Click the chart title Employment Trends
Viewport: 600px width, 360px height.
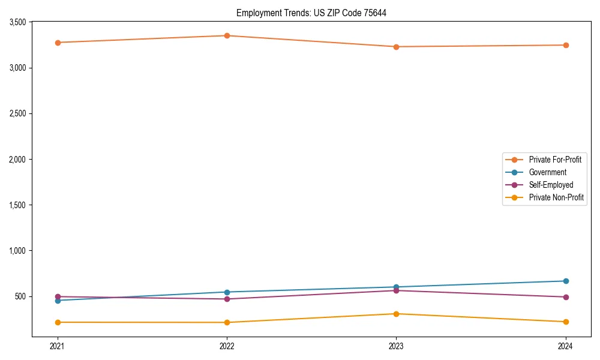(x=311, y=13)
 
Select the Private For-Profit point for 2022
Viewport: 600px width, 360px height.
(x=227, y=36)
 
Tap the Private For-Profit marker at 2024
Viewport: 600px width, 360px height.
(x=566, y=45)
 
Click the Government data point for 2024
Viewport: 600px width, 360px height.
(x=566, y=281)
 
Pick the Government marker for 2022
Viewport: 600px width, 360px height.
(x=227, y=292)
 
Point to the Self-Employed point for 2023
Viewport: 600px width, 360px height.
(x=396, y=290)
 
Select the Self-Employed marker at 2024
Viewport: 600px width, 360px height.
(x=566, y=297)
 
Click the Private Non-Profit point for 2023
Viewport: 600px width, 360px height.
(x=396, y=314)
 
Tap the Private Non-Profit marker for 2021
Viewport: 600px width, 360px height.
(x=58, y=322)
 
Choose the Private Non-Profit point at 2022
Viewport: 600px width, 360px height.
(x=227, y=322)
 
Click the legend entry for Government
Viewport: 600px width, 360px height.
(x=547, y=172)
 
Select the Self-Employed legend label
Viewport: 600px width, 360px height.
(x=551, y=185)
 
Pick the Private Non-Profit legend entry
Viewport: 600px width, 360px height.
(x=556, y=197)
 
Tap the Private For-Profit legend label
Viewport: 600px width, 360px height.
(x=555, y=160)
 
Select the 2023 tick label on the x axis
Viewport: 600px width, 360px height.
(x=396, y=346)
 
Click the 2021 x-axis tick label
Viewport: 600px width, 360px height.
(x=58, y=346)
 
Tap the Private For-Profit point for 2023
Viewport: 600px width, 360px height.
(x=396, y=47)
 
